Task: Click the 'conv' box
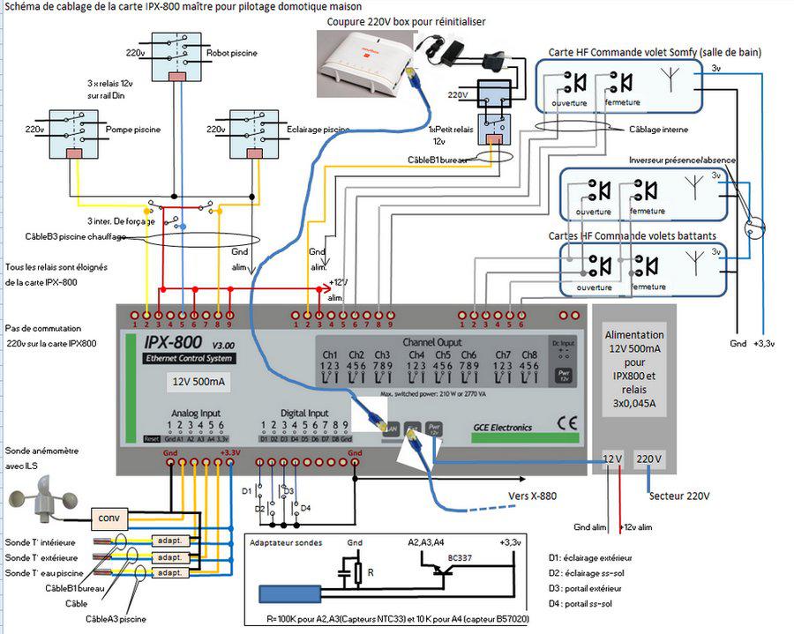pyautogui.click(x=111, y=518)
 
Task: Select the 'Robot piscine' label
pyautogui.click(x=232, y=54)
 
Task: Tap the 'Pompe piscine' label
pyautogui.click(x=133, y=130)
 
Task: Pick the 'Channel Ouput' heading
pyautogui.click(x=432, y=341)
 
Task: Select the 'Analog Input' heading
pyautogui.click(x=197, y=413)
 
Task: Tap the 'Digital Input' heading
pyautogui.click(x=304, y=413)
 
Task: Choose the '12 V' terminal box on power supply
pyautogui.click(x=613, y=459)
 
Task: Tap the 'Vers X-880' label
pyautogui.click(x=532, y=496)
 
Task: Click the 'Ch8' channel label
pyautogui.click(x=529, y=354)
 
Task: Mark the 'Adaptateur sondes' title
pyautogui.click(x=286, y=543)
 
